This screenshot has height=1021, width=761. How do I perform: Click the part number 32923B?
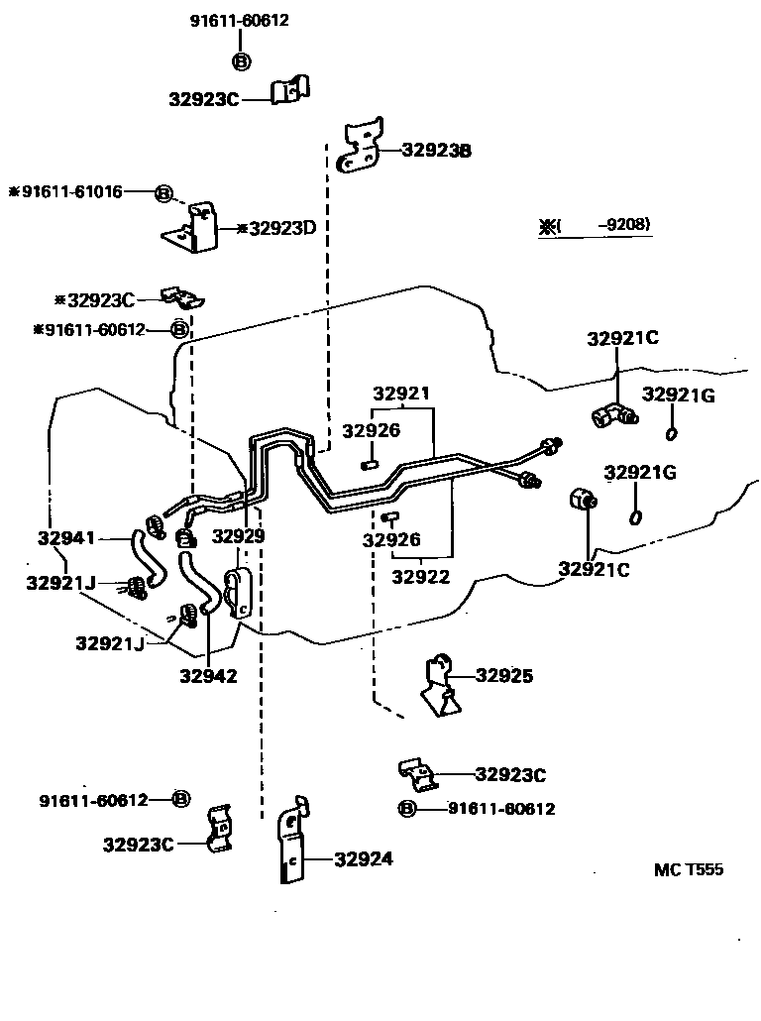tap(436, 151)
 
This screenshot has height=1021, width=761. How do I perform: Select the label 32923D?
tap(281, 228)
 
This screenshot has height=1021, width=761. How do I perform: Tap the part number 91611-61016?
tap(72, 191)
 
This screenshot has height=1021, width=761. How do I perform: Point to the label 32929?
tap(239, 536)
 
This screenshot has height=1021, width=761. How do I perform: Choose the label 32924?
tap(363, 859)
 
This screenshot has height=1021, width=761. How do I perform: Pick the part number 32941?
tap(66, 538)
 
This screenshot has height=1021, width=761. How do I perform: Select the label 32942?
tap(208, 677)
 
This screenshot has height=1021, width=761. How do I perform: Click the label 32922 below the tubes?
tap(420, 576)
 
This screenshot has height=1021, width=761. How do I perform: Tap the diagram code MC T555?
tap(689, 869)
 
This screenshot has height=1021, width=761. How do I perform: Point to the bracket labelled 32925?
tap(440, 683)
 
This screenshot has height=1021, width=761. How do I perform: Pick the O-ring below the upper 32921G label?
tap(672, 433)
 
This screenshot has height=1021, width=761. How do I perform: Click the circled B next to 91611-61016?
tap(164, 192)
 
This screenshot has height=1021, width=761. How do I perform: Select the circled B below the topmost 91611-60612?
tap(241, 61)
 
